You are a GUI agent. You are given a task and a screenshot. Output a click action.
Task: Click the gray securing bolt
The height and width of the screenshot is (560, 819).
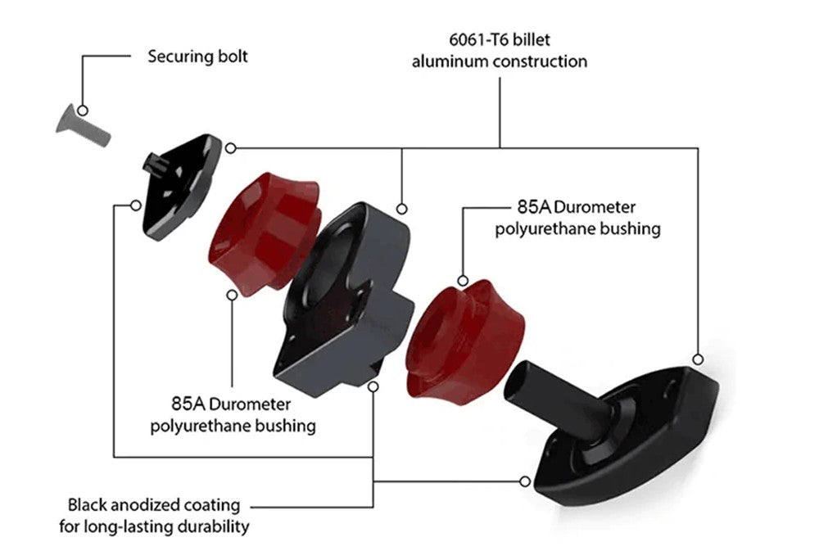tap(83, 124)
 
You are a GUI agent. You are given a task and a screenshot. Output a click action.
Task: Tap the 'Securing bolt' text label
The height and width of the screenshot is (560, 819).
tap(197, 57)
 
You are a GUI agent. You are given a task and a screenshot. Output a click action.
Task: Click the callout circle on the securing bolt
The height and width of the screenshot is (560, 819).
tap(82, 110)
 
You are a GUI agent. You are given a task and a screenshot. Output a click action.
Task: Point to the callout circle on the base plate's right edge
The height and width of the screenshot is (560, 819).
tap(698, 359)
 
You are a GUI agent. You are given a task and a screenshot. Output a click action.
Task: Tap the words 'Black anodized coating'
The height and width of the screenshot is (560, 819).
tap(154, 505)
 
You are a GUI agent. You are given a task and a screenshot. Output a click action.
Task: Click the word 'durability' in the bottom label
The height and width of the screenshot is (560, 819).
tap(209, 526)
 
